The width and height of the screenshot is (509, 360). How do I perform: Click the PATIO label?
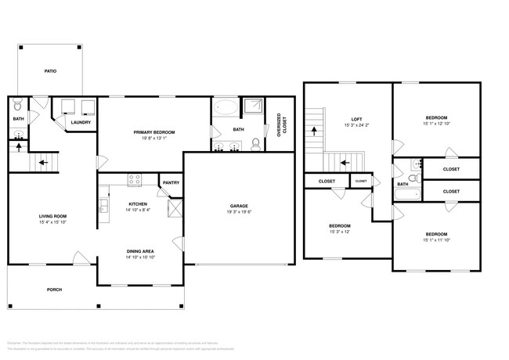pyautogui.click(x=49, y=71)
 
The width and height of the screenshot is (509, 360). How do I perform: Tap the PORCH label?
pyautogui.click(x=54, y=290)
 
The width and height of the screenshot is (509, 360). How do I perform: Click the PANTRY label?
pyautogui.click(x=170, y=183)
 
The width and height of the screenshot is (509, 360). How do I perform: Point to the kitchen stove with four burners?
pyautogui.click(x=135, y=179)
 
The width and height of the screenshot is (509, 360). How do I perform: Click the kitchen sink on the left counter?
pyautogui.click(x=103, y=207)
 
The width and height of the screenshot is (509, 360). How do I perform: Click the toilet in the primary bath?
pyautogui.click(x=255, y=143)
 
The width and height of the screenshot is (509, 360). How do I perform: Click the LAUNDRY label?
pyautogui.click(x=79, y=123)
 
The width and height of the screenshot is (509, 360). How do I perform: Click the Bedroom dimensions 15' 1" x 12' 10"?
pyautogui.click(x=437, y=123)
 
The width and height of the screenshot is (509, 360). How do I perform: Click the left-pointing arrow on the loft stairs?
pyautogui.click(x=343, y=164)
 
